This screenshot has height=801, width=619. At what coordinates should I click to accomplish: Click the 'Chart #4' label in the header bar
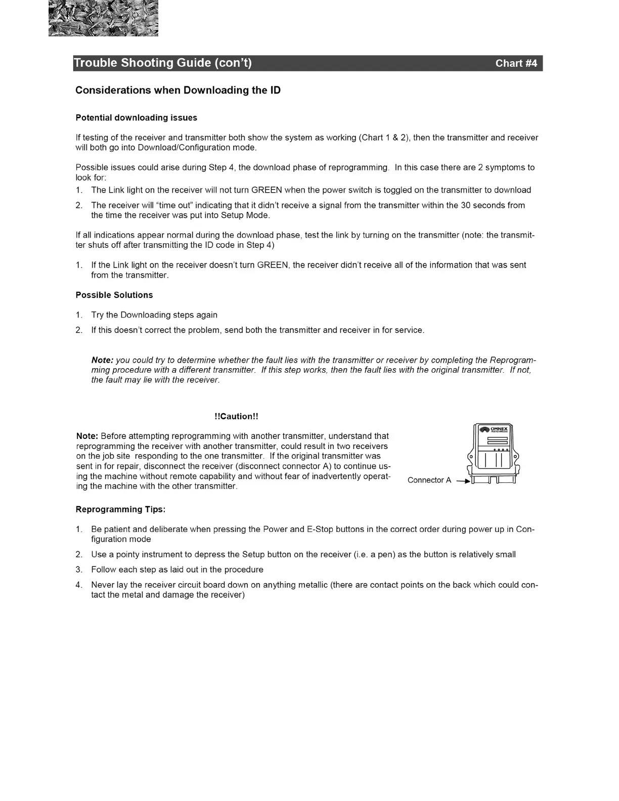coord(516,63)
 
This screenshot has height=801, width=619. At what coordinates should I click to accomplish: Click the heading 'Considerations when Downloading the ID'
coord(178,91)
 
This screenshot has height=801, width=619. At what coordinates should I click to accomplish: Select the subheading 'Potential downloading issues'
coord(137,118)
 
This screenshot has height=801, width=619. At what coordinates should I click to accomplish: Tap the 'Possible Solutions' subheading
coord(114,295)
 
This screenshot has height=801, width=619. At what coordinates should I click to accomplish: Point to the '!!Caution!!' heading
coord(236,417)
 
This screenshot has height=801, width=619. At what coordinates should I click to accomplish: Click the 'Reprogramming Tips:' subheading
coord(121,510)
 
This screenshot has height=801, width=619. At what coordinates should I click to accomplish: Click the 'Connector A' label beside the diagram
coord(429,480)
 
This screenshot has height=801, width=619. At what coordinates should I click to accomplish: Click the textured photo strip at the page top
coord(103,18)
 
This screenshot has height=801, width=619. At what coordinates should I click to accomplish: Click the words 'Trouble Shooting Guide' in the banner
coord(143,63)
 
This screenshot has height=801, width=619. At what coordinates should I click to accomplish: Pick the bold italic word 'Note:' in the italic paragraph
coord(102,361)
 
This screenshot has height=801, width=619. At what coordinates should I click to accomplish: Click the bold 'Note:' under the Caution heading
coord(87,436)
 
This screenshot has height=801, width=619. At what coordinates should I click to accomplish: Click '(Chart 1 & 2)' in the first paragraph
coord(383,138)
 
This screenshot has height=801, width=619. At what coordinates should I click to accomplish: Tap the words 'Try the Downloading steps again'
coord(154,315)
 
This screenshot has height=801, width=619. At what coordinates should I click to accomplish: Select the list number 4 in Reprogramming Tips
coord(79,585)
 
